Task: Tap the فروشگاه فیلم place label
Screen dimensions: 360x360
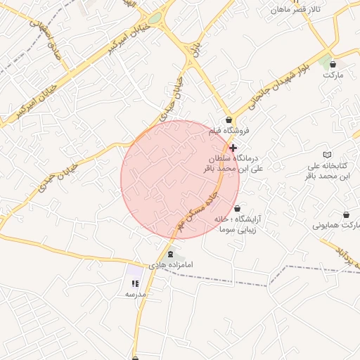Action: [229, 131]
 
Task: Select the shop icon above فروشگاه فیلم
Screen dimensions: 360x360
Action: [229, 120]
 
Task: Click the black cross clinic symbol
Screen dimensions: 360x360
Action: [233, 148]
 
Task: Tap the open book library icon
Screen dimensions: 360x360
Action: [326, 154]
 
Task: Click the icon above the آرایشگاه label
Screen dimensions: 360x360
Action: [237, 208]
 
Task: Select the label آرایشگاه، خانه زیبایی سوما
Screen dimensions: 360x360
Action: [238, 224]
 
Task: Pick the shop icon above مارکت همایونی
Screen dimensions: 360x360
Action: [346, 214]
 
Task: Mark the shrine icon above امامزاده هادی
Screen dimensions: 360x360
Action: [171, 254]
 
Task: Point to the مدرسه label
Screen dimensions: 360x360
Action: [135, 294]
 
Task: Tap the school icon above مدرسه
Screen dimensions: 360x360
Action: [135, 283]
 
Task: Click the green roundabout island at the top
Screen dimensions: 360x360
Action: [154, 18]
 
